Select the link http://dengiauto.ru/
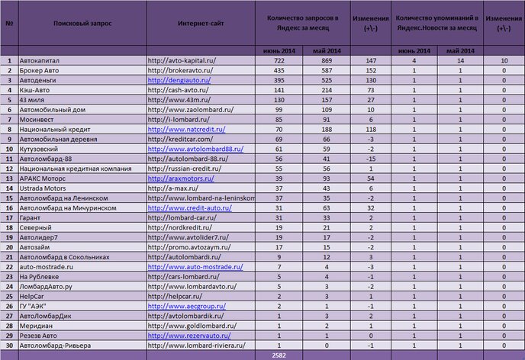point(179,79)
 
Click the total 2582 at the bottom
point(279,355)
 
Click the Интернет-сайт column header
point(200,24)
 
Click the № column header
point(9,24)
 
